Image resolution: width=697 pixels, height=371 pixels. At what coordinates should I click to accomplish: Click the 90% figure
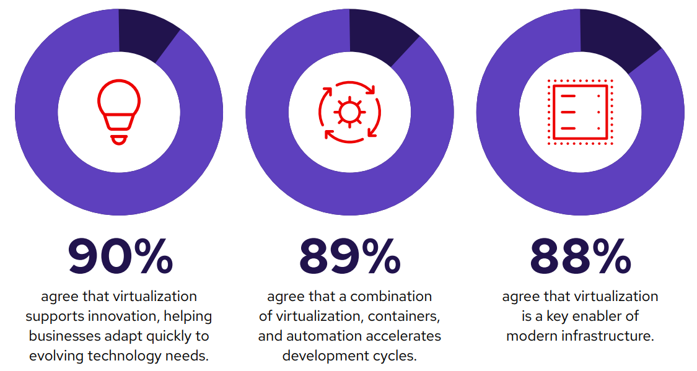(120, 256)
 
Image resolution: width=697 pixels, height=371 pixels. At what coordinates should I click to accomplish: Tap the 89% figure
(349, 256)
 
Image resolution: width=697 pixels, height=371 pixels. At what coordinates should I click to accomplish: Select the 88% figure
(581, 256)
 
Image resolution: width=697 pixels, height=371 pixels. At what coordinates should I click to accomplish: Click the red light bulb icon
(119, 113)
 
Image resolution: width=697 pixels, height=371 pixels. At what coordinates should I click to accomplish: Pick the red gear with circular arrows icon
(349, 112)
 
